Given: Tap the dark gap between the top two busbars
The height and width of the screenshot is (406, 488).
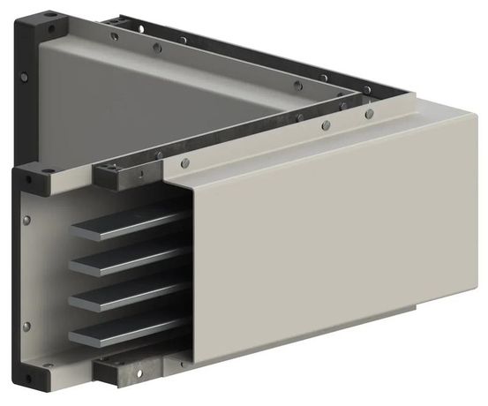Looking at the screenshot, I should tap(132, 243).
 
